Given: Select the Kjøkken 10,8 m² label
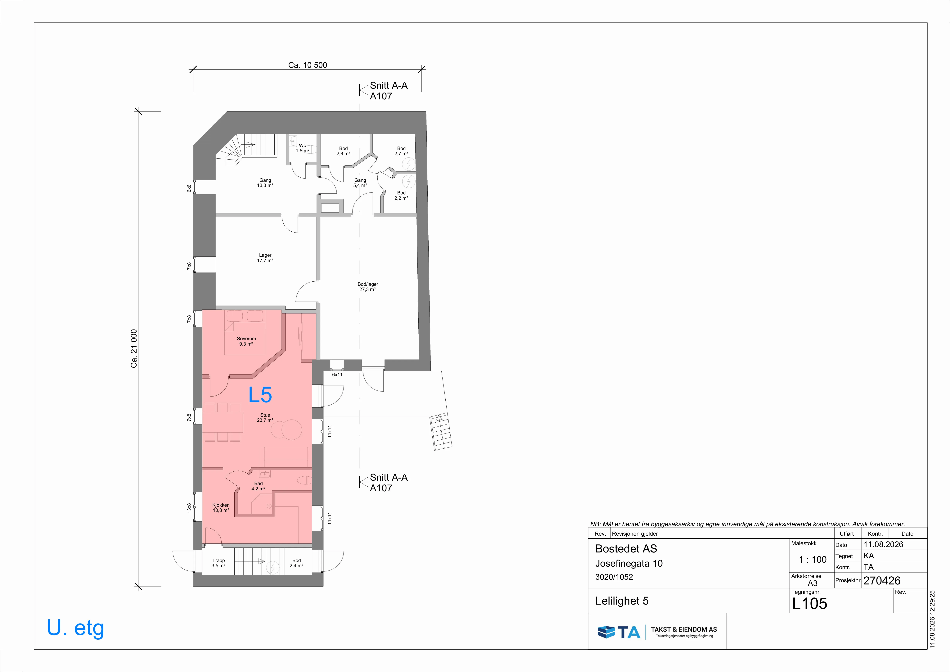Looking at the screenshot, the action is [221, 508].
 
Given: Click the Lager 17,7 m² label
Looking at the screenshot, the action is [265, 258].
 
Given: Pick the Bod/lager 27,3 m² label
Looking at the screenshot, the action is [368, 287].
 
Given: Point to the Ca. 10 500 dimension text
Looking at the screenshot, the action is [307, 65].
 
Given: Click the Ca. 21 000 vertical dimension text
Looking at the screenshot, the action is [134, 348].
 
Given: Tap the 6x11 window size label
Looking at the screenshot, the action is [337, 375].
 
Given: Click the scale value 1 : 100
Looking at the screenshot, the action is [813, 559].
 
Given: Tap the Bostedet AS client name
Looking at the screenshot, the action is [626, 549].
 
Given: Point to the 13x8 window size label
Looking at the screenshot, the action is [189, 508].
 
